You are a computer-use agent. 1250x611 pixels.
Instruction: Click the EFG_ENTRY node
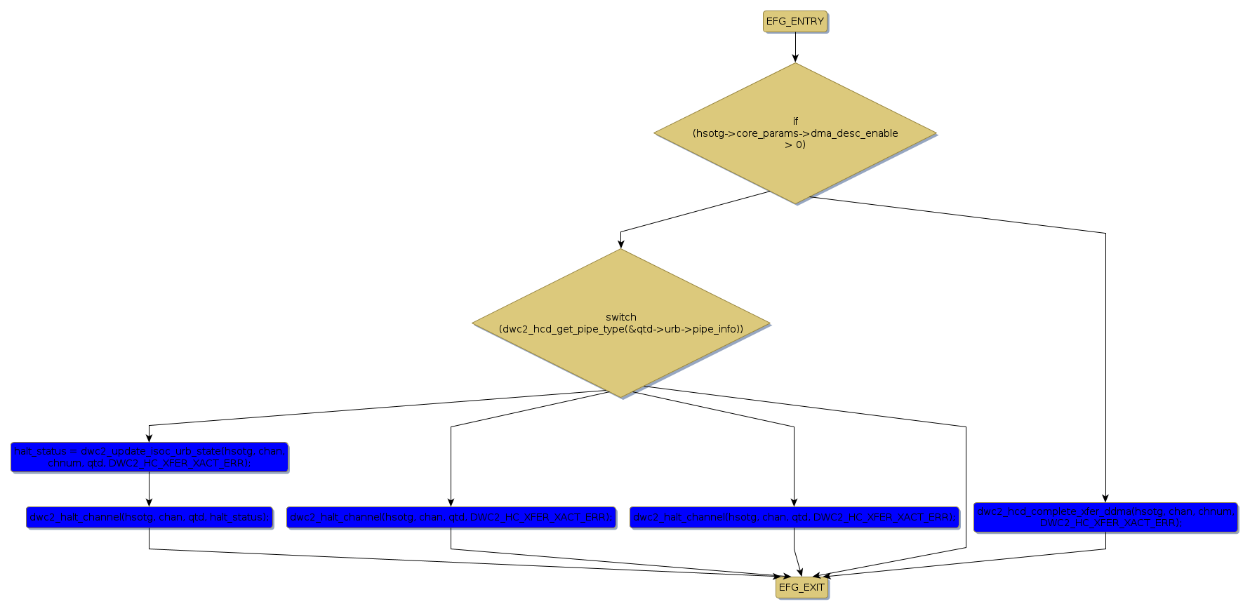[794, 22]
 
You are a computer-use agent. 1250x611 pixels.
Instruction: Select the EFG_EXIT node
[802, 588]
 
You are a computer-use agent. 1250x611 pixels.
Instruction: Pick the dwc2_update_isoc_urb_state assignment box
[149, 457]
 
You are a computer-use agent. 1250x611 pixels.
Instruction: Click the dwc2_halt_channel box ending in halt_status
[149, 518]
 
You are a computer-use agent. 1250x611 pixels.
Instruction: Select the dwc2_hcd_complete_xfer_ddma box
[1105, 518]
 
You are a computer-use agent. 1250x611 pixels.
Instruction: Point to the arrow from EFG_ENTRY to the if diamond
[795, 47]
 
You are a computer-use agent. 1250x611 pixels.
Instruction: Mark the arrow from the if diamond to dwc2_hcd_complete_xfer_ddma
[1105, 351]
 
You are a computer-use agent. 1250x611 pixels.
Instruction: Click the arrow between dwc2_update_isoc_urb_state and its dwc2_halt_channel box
[149, 489]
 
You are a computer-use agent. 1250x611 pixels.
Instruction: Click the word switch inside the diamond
[621, 317]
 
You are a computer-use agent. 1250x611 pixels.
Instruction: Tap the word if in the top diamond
[795, 121]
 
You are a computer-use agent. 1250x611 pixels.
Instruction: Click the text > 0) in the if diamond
[795, 145]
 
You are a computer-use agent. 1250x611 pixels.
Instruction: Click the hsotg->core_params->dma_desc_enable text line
[795, 133]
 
